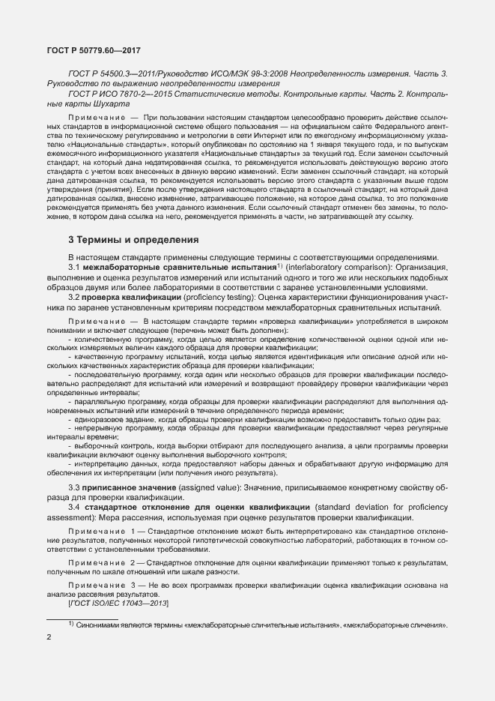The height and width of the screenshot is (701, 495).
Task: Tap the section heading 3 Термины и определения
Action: coord(133,240)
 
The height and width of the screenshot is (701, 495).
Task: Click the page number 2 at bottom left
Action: coord(49,637)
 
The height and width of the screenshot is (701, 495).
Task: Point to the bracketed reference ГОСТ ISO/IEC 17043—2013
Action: coord(118,603)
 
